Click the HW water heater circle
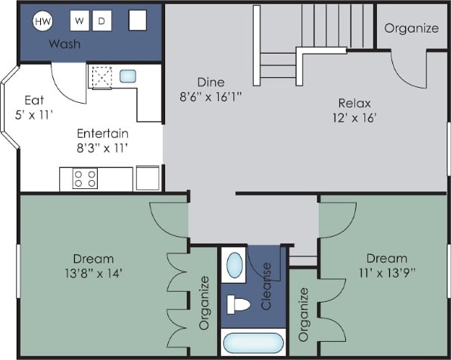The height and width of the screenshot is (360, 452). click(42, 22)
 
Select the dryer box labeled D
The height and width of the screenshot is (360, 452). click(101, 21)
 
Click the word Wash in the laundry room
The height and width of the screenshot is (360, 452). click(64, 44)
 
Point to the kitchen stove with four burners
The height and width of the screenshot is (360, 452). click(84, 178)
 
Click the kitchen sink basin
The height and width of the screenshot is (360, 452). click(128, 76)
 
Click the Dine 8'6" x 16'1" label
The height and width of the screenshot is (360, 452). click(211, 89)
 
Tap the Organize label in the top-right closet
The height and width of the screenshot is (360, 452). click(411, 29)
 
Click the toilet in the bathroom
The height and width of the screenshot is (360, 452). click(238, 305)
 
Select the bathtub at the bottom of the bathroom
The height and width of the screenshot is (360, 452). click(253, 343)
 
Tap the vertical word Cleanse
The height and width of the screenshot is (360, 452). click(267, 287)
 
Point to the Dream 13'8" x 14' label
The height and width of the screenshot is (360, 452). click(93, 265)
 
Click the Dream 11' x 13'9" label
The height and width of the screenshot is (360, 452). click(386, 265)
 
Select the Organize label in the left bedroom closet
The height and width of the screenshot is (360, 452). click(204, 303)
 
